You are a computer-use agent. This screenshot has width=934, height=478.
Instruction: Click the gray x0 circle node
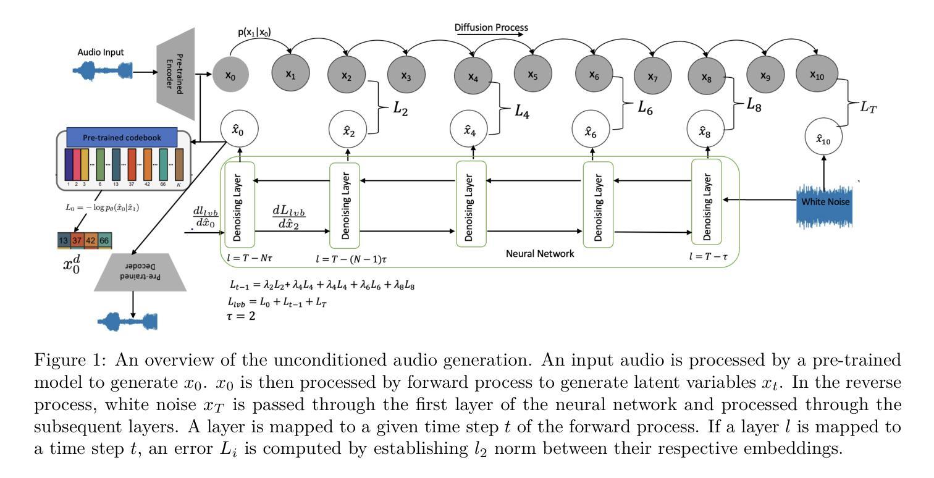pyautogui.click(x=230, y=75)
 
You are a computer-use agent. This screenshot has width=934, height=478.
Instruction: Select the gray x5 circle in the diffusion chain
pyautogui.click(x=533, y=74)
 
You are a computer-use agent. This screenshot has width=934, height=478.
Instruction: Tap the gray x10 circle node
pyautogui.click(x=817, y=74)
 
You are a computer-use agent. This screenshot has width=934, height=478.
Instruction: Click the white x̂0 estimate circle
pyautogui.click(x=239, y=129)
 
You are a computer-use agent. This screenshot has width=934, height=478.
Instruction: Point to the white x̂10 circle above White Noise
pyautogui.click(x=823, y=137)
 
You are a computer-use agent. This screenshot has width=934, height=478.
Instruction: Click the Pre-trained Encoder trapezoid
pyautogui.click(x=175, y=73)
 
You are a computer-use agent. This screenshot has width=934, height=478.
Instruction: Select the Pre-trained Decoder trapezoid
pyautogui.click(x=140, y=272)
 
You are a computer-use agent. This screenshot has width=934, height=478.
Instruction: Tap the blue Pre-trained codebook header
pyautogui.click(x=122, y=137)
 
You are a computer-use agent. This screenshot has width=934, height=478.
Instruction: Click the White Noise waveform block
pyautogui.click(x=824, y=206)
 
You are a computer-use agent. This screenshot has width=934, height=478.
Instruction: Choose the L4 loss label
pyautogui.click(x=521, y=111)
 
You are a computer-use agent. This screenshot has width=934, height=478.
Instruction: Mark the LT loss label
pyautogui.click(x=869, y=107)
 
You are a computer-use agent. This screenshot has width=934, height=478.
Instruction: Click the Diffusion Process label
pyautogui.click(x=491, y=28)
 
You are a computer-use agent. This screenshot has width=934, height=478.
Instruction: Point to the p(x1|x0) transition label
pyautogui.click(x=255, y=31)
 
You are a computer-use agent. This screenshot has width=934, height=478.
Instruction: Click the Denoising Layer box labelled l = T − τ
pyautogui.click(x=706, y=202)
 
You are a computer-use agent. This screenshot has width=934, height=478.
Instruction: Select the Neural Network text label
pyautogui.click(x=540, y=253)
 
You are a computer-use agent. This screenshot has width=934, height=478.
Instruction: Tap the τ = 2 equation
pyautogui.click(x=240, y=316)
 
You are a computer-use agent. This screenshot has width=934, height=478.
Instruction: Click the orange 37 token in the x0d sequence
pyautogui.click(x=77, y=240)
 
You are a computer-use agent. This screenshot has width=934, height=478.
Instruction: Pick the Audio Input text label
pyautogui.click(x=101, y=52)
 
